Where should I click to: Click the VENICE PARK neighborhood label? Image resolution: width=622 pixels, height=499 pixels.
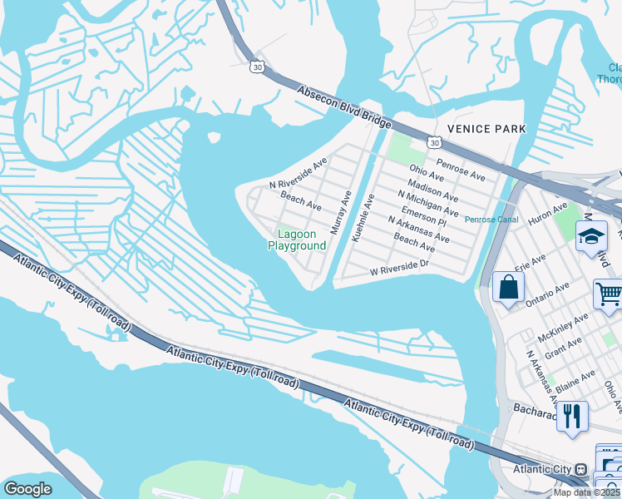click(486, 129)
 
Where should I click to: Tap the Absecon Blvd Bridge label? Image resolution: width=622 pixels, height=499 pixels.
click(344, 106)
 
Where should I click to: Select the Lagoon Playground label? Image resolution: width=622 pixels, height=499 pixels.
click(296, 240)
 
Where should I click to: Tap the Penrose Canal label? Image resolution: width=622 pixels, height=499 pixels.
click(491, 220)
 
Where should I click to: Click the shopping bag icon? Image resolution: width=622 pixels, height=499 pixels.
click(508, 288)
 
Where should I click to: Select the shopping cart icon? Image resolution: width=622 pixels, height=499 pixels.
click(609, 294)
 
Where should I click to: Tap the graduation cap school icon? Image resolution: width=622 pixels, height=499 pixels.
click(591, 237)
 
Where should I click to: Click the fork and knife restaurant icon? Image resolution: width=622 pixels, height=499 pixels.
click(571, 416)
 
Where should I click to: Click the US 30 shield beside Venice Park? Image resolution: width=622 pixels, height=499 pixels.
click(434, 142)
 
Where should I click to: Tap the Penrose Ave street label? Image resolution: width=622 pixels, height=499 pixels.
click(461, 171)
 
